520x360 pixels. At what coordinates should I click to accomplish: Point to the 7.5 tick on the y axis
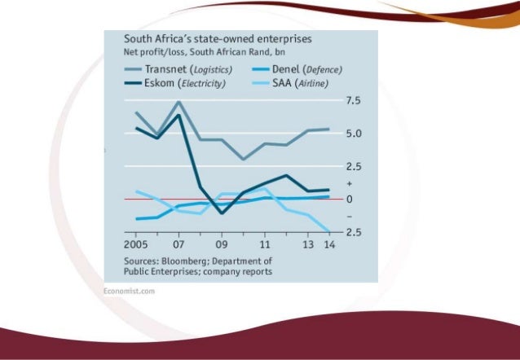352,100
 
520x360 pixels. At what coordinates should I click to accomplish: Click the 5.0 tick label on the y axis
352,134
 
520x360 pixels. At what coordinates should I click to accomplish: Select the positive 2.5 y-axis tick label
352,166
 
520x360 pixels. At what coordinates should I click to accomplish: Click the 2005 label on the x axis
136,244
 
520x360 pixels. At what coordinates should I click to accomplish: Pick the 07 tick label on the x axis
178,244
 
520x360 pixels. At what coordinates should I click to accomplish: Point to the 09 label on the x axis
222,244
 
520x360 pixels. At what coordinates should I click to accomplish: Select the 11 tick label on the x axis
265,244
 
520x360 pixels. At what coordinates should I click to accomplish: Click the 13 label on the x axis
308,244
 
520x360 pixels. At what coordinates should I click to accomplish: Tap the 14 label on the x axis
328,244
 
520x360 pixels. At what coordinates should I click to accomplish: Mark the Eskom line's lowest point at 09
222,213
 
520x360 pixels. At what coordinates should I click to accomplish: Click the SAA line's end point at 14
328,231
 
